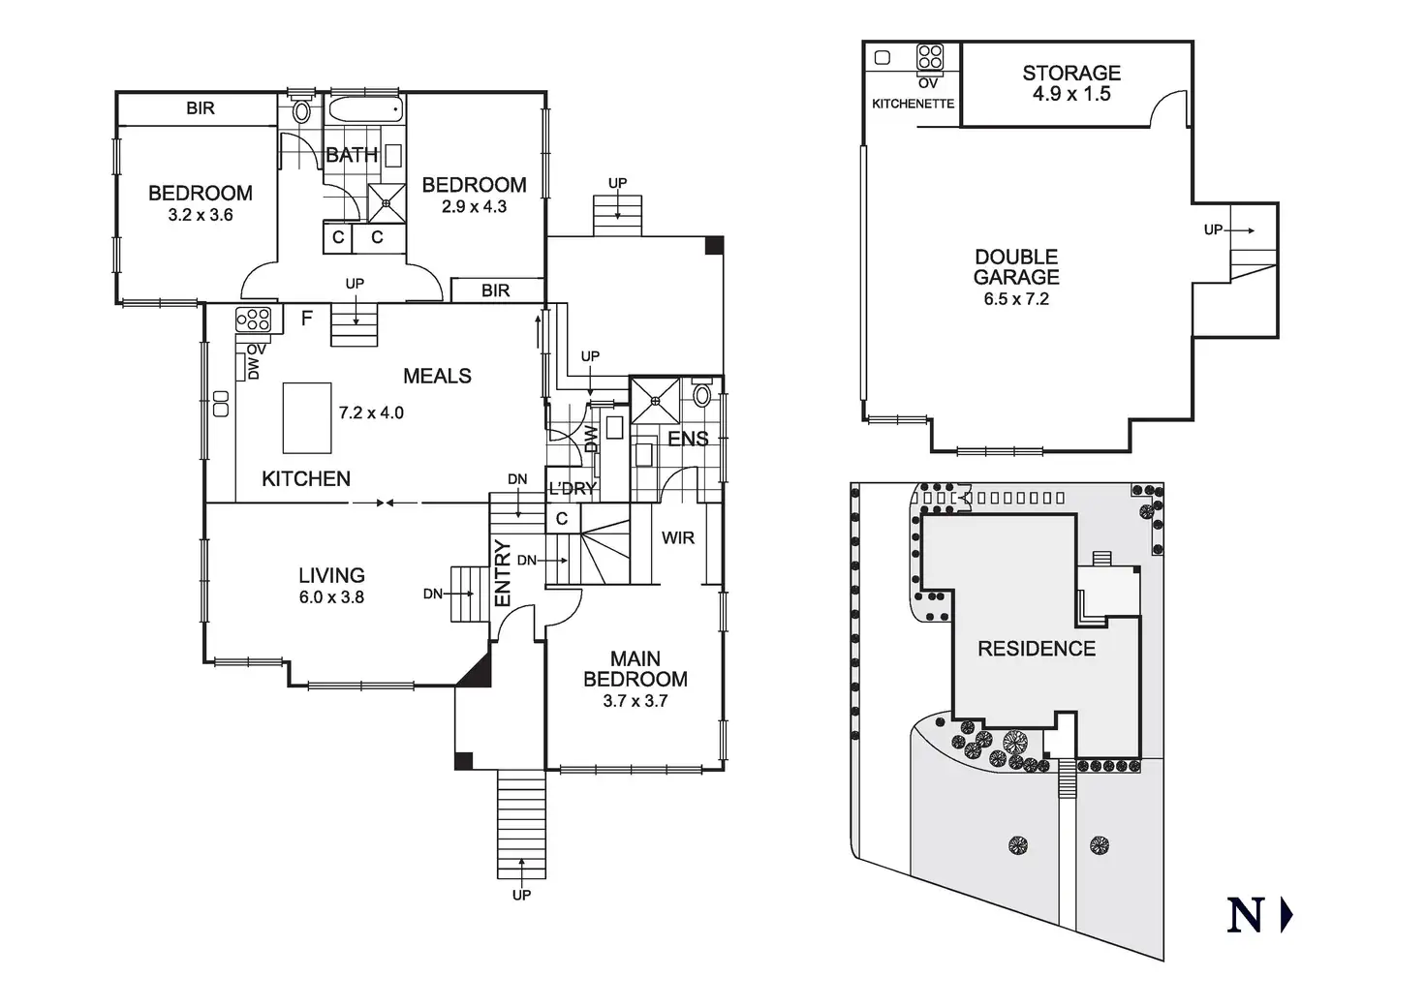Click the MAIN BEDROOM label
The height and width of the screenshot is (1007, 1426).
tap(635, 669)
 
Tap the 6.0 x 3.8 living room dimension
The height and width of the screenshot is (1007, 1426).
tap(331, 597)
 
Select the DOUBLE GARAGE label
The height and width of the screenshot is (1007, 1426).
tap(1016, 266)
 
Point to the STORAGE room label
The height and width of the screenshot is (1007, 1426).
tap(1071, 73)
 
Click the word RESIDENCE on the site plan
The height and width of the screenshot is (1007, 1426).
tap(1037, 649)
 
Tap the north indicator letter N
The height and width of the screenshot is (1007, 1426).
tap(1246, 916)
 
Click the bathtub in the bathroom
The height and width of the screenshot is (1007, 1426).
tap(363, 109)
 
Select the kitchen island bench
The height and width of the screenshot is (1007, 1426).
tap(307, 417)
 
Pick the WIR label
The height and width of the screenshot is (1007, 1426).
tap(678, 537)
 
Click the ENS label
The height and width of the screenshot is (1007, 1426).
tap(688, 439)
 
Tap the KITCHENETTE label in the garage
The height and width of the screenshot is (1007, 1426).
tap(913, 104)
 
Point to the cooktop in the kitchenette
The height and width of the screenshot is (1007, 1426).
tap(930, 56)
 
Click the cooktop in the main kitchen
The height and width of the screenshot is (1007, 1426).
tap(253, 320)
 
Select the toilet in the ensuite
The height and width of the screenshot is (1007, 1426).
tap(703, 396)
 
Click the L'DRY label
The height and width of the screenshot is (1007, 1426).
tap(572, 489)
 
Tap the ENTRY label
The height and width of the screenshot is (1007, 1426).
tap(503, 574)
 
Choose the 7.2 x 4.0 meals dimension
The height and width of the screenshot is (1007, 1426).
tap(371, 412)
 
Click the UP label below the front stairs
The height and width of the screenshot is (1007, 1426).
tap(521, 896)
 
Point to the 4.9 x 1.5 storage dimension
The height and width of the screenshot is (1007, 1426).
tap(1071, 94)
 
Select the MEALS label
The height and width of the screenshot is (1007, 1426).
tap(437, 376)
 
